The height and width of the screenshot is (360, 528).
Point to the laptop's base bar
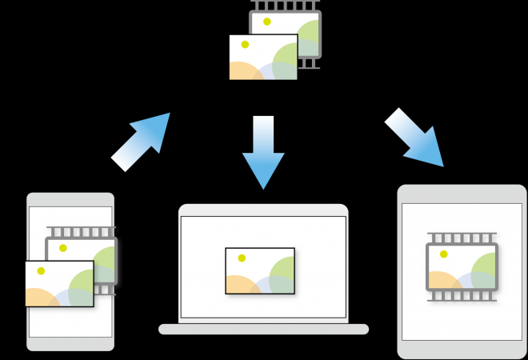[263, 329]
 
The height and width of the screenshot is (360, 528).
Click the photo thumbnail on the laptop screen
[260, 271]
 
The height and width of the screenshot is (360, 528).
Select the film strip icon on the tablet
[462, 267]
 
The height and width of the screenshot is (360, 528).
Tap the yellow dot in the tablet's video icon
[443, 254]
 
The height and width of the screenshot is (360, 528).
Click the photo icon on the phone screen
[59, 284]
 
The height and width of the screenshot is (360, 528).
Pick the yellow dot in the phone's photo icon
[41, 270]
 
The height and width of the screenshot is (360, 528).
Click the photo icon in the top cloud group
[263, 57]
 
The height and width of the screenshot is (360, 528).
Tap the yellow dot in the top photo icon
[245, 45]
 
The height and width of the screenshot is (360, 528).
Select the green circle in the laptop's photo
[282, 274]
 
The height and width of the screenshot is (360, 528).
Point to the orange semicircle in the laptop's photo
[240, 285]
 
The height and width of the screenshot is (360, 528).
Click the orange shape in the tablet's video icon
[442, 281]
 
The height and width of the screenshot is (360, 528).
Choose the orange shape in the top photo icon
[244, 70]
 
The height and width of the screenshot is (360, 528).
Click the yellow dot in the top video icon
[267, 22]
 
